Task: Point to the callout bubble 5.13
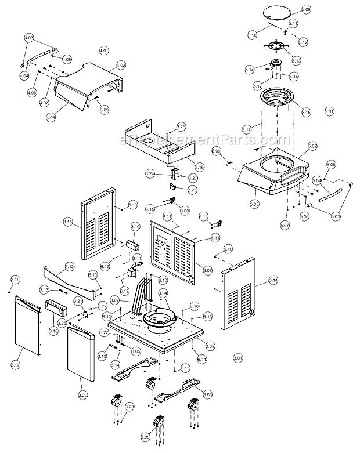[x=297, y=61]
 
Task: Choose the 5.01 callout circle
[x=329, y=111]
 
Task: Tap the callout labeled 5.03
[x=335, y=216]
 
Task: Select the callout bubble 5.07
[x=284, y=224]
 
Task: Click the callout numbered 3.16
[x=199, y=167]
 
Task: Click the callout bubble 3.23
[x=129, y=408]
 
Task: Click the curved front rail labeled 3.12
[x=70, y=277]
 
